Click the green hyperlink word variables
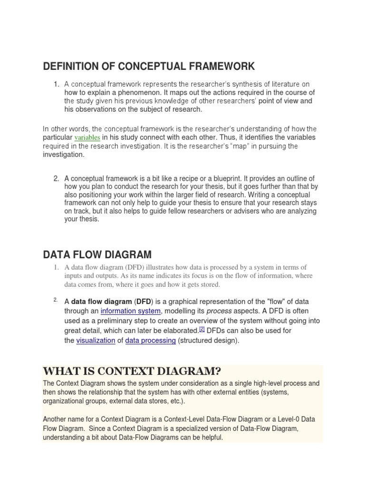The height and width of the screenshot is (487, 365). click(86, 137)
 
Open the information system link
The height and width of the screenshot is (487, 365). click(131, 311)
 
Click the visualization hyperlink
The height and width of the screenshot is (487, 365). click(96, 341)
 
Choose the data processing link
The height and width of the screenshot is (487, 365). click(150, 341)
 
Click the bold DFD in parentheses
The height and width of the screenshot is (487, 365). click(143, 302)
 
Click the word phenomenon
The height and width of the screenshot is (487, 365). click(137, 92)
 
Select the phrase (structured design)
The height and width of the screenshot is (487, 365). click(209, 341)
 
